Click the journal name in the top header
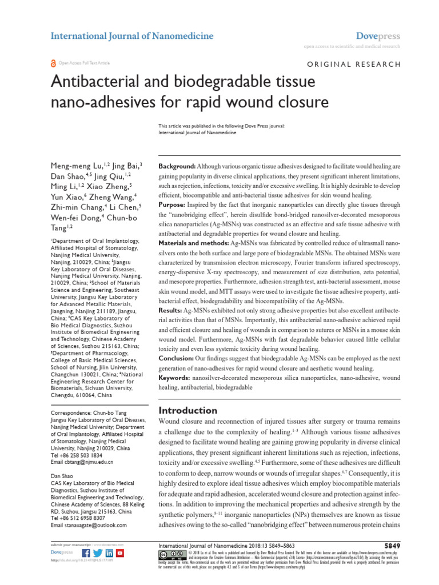pos(132,36)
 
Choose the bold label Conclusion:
pos(177,358)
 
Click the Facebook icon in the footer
pos(86,554)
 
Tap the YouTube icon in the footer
pos(120,554)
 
